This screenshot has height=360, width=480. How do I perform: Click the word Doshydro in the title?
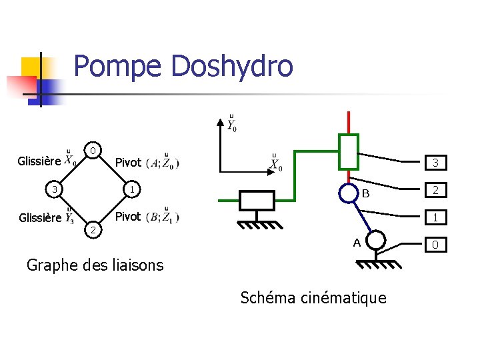pyautogui.click(x=232, y=67)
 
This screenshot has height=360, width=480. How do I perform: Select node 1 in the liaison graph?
pyautogui.click(x=133, y=190)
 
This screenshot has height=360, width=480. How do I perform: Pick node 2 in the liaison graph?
pyautogui.click(x=95, y=230)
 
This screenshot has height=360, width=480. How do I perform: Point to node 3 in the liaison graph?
pyautogui.click(x=57, y=190)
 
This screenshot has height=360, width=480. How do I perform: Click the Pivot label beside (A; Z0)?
pyautogui.click(x=128, y=163)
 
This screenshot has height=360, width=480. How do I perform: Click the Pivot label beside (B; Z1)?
pyautogui.click(x=128, y=217)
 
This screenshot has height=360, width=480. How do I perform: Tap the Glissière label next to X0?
pyautogui.click(x=39, y=161)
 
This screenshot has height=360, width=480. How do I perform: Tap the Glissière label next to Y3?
pyautogui.click(x=39, y=217)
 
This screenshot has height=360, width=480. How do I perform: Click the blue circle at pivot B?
pyautogui.click(x=349, y=193)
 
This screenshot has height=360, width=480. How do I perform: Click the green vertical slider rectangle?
pyautogui.click(x=349, y=151)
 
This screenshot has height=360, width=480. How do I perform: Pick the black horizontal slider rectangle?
pyautogui.click(x=256, y=200)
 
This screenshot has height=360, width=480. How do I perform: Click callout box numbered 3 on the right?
pyautogui.click(x=435, y=163)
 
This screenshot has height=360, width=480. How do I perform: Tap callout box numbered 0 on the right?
pyautogui.click(x=435, y=245)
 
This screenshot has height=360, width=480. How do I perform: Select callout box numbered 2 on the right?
pyautogui.click(x=435, y=191)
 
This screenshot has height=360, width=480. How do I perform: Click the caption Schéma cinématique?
pyautogui.click(x=313, y=297)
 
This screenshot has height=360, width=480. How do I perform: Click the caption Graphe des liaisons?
pyautogui.click(x=95, y=265)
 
